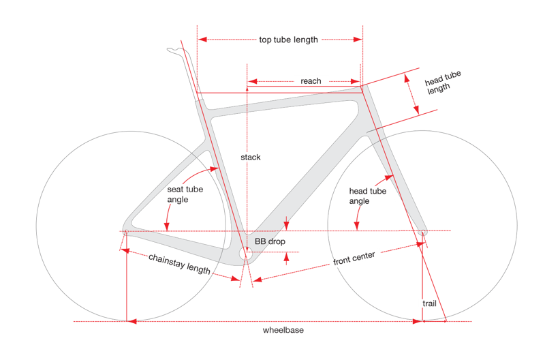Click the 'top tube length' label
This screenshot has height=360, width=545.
click(288, 40)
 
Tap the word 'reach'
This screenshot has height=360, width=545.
click(311, 81)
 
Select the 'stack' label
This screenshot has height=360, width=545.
click(251, 157)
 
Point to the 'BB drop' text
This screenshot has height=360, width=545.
click(270, 241)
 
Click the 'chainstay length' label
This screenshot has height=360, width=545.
click(179, 264)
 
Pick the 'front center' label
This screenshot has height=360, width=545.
click(354, 258)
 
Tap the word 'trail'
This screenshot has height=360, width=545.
click(429, 303)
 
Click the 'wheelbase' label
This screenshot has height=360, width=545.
click(283, 330)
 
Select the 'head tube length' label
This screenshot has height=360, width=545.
click(441, 82)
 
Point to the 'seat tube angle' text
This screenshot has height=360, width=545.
click(185, 194)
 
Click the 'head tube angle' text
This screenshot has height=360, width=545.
click(367, 196)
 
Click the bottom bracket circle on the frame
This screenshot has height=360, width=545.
click(245, 254)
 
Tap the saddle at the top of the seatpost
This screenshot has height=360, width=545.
click(176, 52)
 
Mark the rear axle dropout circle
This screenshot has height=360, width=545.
click(126, 231)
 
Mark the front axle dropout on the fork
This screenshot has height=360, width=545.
click(422, 232)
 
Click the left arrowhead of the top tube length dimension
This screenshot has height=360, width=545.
click(202, 40)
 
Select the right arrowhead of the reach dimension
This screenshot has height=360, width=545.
click(355, 81)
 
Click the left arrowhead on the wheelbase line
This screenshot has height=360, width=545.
click(131, 321)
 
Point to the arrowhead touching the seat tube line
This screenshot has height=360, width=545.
click(213, 169)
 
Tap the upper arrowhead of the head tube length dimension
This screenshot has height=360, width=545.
click(407, 78)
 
